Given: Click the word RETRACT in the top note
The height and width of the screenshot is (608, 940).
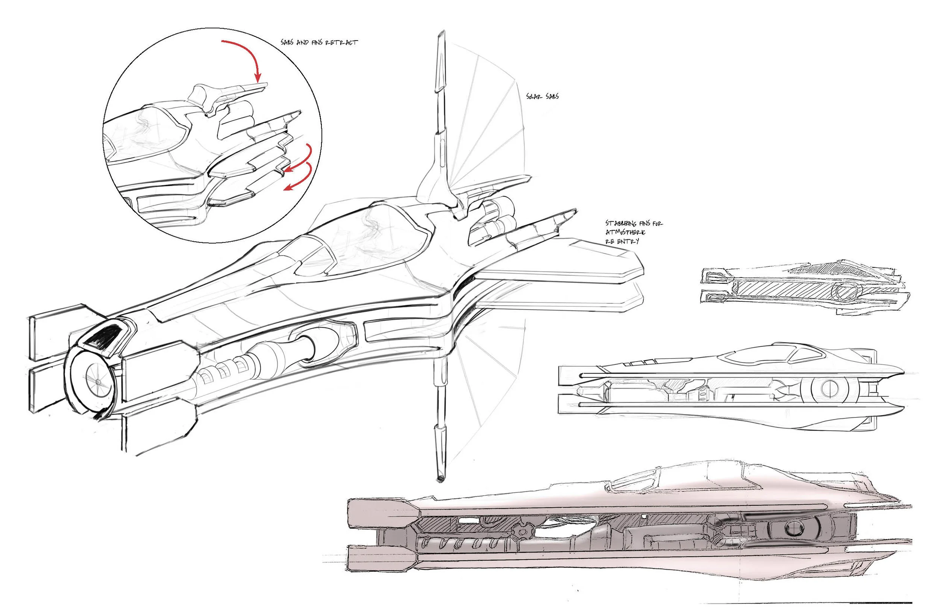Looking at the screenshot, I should click(x=342, y=42).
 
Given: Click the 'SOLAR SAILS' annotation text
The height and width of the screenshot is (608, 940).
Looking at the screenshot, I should click(x=542, y=96).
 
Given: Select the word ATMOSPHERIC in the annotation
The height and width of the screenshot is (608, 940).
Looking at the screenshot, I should click(x=626, y=233).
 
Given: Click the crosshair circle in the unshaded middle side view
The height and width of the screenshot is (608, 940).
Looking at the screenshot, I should click(x=829, y=389).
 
